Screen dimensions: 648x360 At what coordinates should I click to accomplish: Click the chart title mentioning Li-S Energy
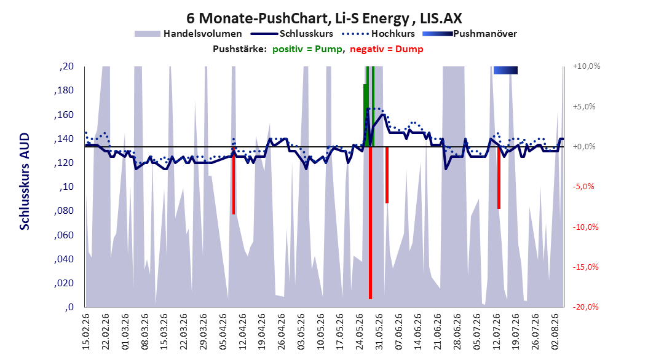point(324,18)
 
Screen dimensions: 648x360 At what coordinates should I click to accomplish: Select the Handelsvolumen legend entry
point(189,34)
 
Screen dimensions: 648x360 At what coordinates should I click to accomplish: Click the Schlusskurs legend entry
point(292,34)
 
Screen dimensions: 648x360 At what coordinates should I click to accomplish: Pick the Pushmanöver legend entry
point(470,34)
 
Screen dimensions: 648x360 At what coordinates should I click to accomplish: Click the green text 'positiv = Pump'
point(307,49)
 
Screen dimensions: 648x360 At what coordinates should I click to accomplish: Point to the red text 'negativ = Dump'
point(387,49)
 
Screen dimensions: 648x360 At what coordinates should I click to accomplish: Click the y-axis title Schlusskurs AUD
point(25,181)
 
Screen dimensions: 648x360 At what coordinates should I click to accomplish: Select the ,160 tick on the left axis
point(64,114)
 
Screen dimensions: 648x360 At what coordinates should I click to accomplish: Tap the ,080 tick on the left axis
point(64,211)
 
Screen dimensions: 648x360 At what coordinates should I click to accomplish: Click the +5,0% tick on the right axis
point(584,106)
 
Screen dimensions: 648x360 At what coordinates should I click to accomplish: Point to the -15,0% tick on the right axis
point(585,267)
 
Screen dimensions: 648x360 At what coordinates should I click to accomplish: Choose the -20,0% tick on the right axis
point(585,307)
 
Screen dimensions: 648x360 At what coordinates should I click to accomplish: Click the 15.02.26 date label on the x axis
point(86,332)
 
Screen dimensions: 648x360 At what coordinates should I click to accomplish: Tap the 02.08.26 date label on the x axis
point(555,332)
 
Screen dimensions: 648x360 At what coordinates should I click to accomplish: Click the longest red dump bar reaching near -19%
point(370,222)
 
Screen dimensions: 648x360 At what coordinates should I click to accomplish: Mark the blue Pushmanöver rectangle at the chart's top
point(505,70)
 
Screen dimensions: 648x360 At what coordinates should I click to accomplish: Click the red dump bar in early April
point(234,181)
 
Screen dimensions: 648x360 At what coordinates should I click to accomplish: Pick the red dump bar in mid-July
point(499,178)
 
